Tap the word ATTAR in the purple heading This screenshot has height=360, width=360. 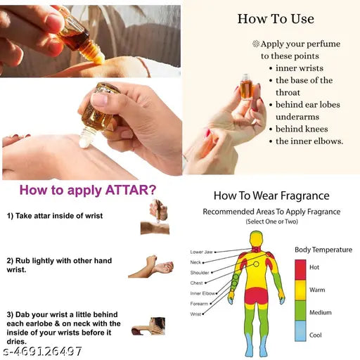(x=127, y=190)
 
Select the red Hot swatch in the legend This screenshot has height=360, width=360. (x=300, y=270)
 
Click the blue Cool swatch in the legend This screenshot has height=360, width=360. (x=300, y=335)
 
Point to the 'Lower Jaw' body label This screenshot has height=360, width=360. (x=202, y=252)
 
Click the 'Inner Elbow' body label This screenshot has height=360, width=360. (x=202, y=292)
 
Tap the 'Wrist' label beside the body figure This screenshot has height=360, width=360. (x=196, y=314)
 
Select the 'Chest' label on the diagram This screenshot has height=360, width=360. (x=198, y=282)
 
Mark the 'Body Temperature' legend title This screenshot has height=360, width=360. (x=323, y=250)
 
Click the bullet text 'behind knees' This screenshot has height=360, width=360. (x=302, y=129)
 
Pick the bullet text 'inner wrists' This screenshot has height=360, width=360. (x=300, y=67)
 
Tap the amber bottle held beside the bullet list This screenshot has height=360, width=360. (x=246, y=89)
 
